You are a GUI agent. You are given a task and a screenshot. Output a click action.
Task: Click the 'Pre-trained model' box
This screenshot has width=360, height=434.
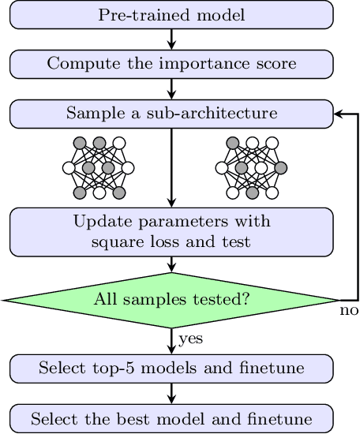click(171, 14)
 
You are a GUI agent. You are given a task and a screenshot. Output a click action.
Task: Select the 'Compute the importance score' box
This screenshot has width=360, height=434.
click(171, 64)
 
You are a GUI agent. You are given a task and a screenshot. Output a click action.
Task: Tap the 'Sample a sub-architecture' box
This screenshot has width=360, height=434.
click(171, 114)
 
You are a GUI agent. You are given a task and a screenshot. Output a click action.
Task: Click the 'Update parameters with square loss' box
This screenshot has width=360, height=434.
click(171, 231)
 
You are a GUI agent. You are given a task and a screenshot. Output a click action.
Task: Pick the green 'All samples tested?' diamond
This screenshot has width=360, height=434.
click(171, 299)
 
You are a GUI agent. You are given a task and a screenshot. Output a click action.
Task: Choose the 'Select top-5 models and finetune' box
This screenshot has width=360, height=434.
click(171, 368)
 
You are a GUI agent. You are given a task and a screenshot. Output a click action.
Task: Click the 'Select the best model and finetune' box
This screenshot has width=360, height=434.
click(171, 417)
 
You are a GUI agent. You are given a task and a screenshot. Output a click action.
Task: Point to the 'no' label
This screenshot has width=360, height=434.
click(349, 311)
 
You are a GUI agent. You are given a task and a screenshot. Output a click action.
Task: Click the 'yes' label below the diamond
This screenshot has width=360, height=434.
click(191, 340)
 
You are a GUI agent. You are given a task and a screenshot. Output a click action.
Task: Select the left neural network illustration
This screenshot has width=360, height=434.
click(99, 167)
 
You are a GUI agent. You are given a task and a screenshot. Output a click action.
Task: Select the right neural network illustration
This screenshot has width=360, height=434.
click(252, 167)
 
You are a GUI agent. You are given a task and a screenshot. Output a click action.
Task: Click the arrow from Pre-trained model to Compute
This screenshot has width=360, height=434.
click(171, 39)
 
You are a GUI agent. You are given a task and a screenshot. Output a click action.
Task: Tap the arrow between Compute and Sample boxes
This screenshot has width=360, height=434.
click(171, 88)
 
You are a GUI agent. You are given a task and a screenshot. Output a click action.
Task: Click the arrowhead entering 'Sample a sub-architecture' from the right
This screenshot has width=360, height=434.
click(339, 114)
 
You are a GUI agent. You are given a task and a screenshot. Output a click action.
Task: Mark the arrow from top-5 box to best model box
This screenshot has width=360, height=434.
click(171, 392)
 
